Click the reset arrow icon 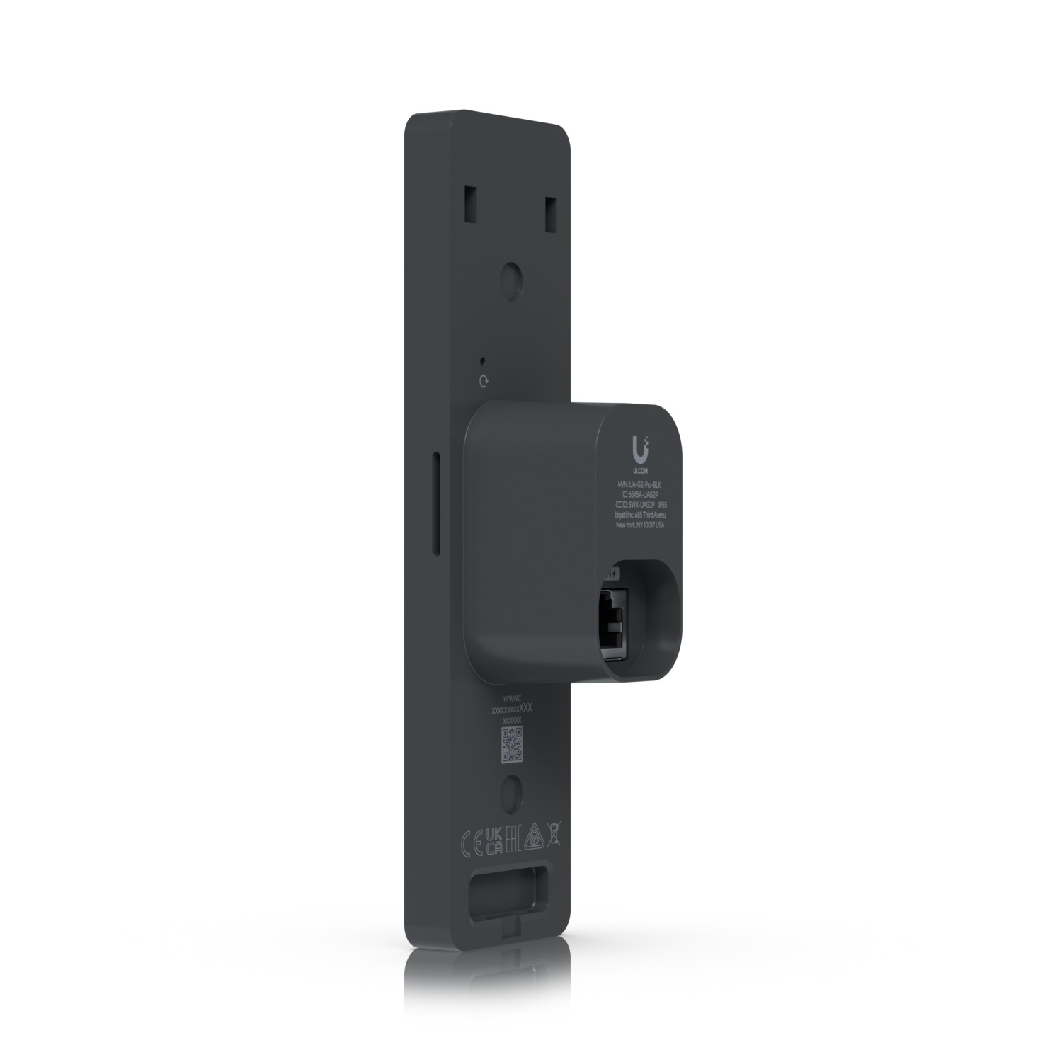pos(484,382)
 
